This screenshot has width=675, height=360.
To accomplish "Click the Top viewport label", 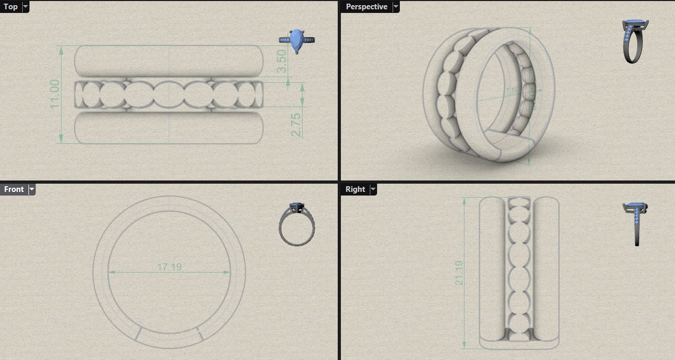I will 10,7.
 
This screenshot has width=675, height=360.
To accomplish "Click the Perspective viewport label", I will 366,7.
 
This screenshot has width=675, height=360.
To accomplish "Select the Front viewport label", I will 13,189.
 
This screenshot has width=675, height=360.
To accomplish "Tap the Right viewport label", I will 355,189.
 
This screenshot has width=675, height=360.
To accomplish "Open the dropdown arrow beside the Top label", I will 25,7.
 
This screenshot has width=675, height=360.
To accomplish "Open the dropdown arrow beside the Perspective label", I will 396,7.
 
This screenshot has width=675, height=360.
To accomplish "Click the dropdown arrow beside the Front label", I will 32,189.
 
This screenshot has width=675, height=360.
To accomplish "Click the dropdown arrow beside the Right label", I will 373,189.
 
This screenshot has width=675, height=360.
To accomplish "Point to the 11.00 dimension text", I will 55,94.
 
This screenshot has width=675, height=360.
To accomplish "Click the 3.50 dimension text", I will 282,61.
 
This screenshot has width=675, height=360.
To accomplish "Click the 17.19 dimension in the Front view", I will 169,267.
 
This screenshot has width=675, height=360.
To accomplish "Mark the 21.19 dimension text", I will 459,273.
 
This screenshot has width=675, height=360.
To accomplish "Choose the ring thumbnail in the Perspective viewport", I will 635,41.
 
